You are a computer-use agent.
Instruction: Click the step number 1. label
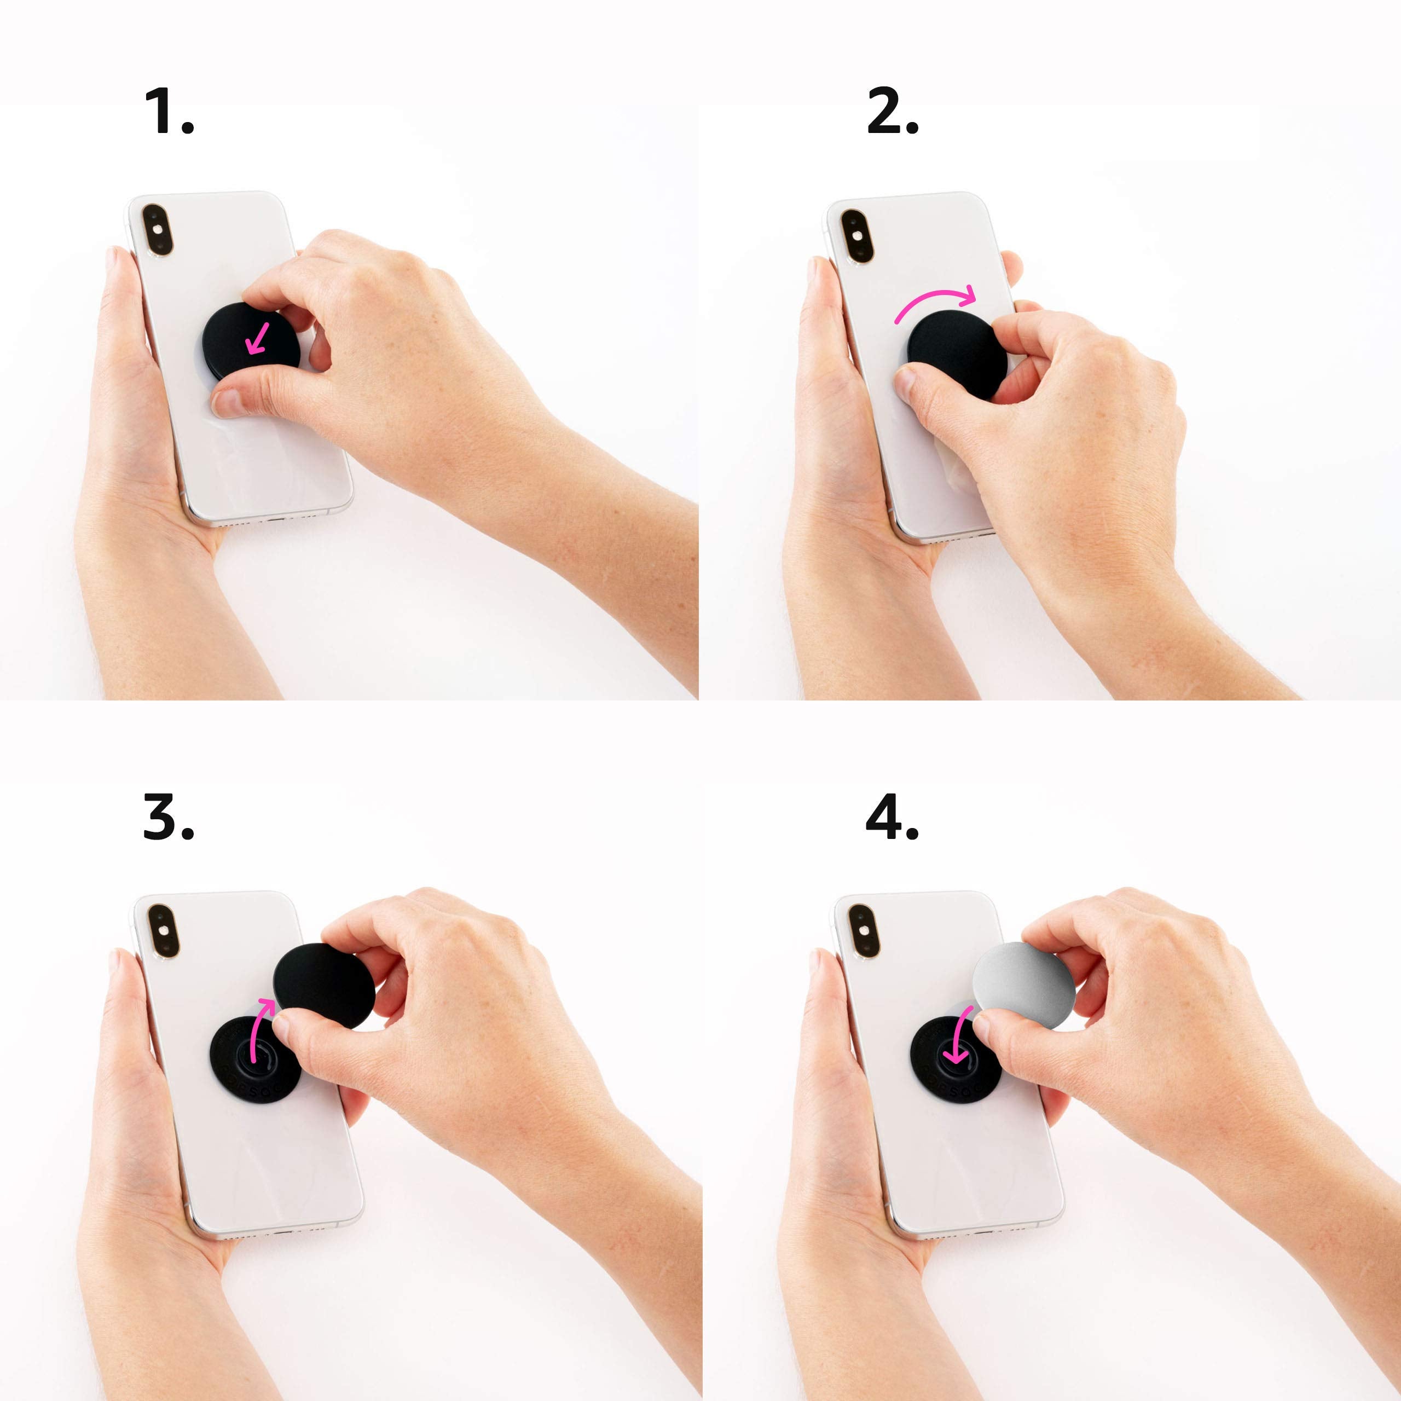click(169, 111)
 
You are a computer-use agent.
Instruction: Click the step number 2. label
click(892, 111)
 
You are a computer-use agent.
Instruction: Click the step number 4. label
click(892, 817)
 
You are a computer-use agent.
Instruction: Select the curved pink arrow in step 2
click(935, 298)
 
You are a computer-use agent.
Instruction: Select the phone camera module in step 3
click(163, 930)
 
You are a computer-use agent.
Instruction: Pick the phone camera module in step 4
click(864, 931)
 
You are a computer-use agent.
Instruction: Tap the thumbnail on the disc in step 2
click(906, 381)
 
